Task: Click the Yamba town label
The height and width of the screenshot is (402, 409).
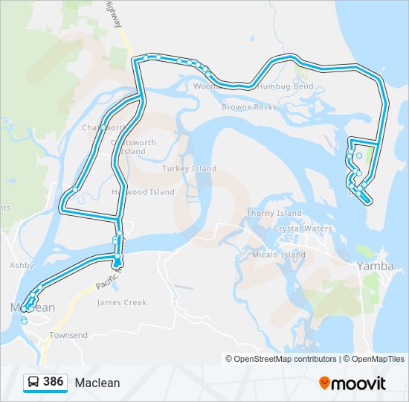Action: [x=375, y=265]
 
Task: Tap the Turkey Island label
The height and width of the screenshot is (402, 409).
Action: [x=190, y=169]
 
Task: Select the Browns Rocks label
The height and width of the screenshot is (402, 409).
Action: [x=249, y=107]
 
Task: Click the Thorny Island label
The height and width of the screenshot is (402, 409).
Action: [x=274, y=214]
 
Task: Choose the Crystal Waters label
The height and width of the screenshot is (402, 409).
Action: [x=303, y=229]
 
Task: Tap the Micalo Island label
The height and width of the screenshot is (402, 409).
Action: [x=278, y=255]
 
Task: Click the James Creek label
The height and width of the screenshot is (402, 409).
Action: [x=122, y=303]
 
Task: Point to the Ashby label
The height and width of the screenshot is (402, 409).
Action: [x=22, y=265]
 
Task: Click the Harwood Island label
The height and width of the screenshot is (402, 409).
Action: [x=143, y=192]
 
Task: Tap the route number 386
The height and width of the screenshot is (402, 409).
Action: [x=53, y=382]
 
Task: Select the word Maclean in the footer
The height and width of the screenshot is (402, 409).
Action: [x=97, y=383]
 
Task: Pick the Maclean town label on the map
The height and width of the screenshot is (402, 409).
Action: [x=33, y=307]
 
